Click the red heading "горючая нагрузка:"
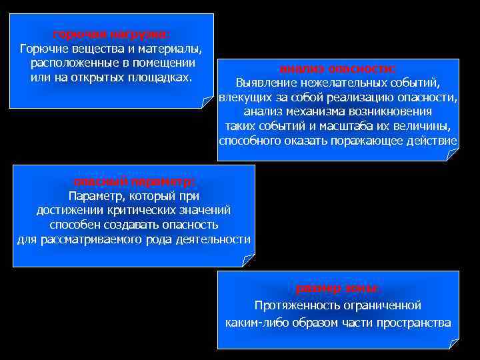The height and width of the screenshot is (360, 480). click(111, 34)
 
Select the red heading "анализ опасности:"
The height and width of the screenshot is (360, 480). click(338, 69)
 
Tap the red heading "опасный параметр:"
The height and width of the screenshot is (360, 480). click(134, 181)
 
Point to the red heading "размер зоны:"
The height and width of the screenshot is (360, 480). click(338, 289)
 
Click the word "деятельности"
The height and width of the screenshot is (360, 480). click(216, 239)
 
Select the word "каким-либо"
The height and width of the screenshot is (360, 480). click(254, 323)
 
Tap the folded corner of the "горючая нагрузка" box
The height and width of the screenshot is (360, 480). click(207, 102)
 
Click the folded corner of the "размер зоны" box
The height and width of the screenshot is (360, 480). click(454, 343)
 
